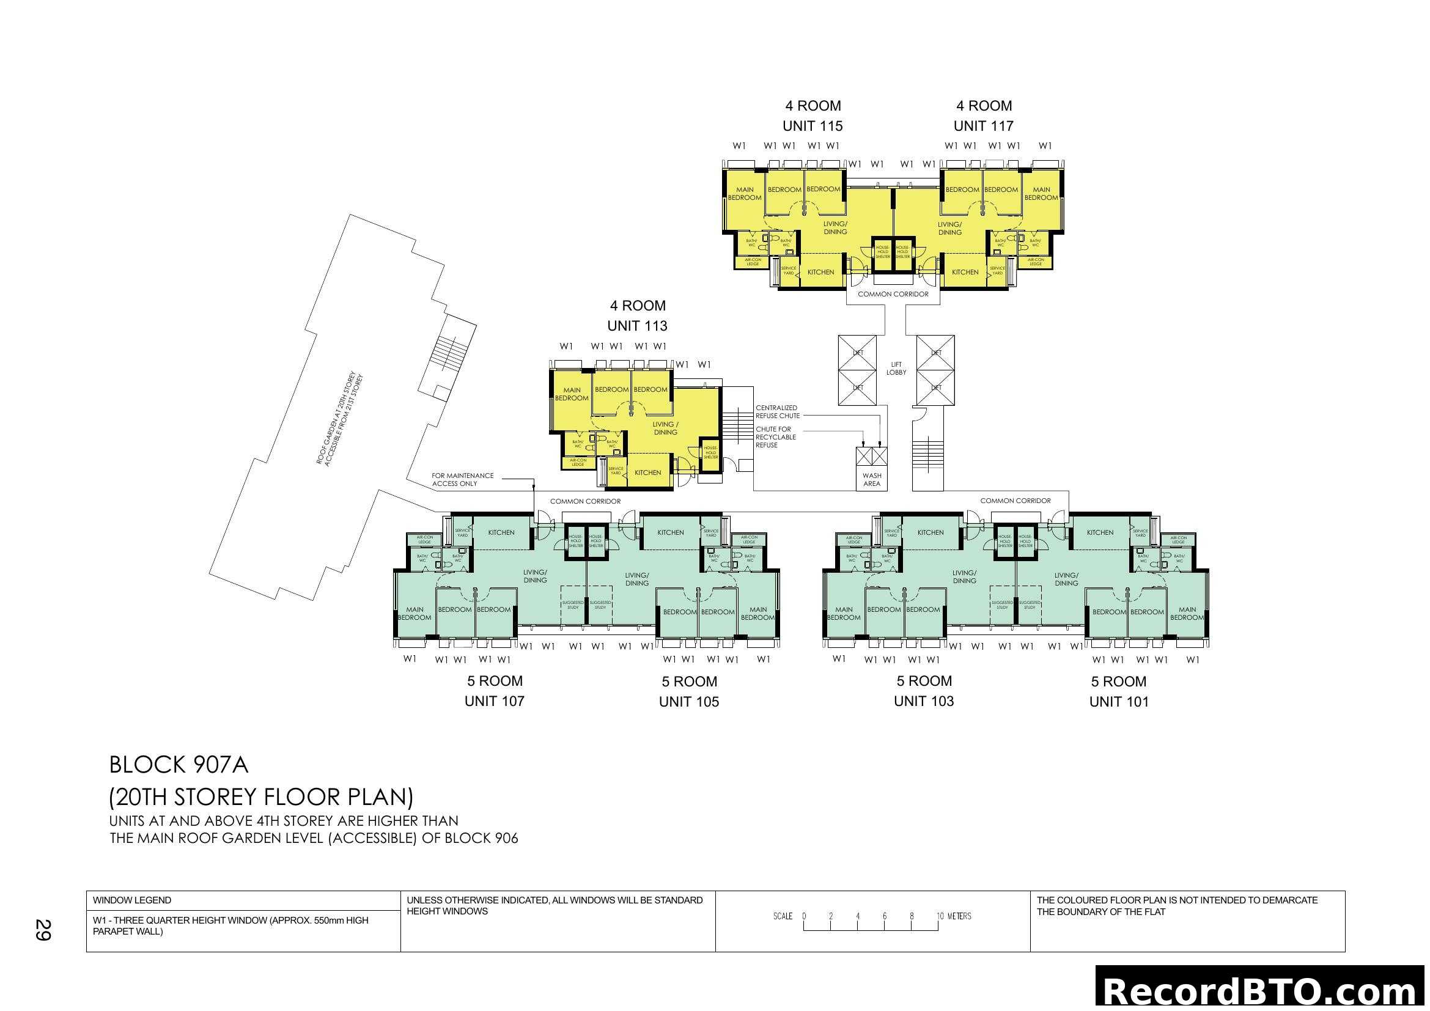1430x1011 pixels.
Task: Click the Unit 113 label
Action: tap(636, 326)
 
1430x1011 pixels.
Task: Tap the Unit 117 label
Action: tap(983, 126)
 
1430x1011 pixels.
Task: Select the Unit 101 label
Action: tap(1119, 702)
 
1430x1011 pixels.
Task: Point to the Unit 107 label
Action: tap(494, 701)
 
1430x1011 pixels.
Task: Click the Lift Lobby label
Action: tap(896, 369)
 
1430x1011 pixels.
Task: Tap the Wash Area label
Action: tap(872, 479)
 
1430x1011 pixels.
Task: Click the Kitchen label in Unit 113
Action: tap(647, 472)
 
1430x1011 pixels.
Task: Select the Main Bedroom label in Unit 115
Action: tap(744, 194)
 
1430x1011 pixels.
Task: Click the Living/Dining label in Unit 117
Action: tap(950, 229)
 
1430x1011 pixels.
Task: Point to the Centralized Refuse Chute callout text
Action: tap(777, 411)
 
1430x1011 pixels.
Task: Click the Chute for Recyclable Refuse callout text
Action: tap(775, 437)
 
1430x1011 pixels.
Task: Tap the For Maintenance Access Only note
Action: tap(462, 479)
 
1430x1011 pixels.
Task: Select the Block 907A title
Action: tap(179, 765)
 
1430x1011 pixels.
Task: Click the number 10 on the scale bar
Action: tap(940, 916)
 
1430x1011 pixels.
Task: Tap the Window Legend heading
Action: tap(132, 900)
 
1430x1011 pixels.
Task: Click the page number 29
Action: tap(43, 930)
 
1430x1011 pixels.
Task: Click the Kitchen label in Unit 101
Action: tap(1100, 532)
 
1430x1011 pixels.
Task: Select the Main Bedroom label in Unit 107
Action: tap(414, 613)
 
